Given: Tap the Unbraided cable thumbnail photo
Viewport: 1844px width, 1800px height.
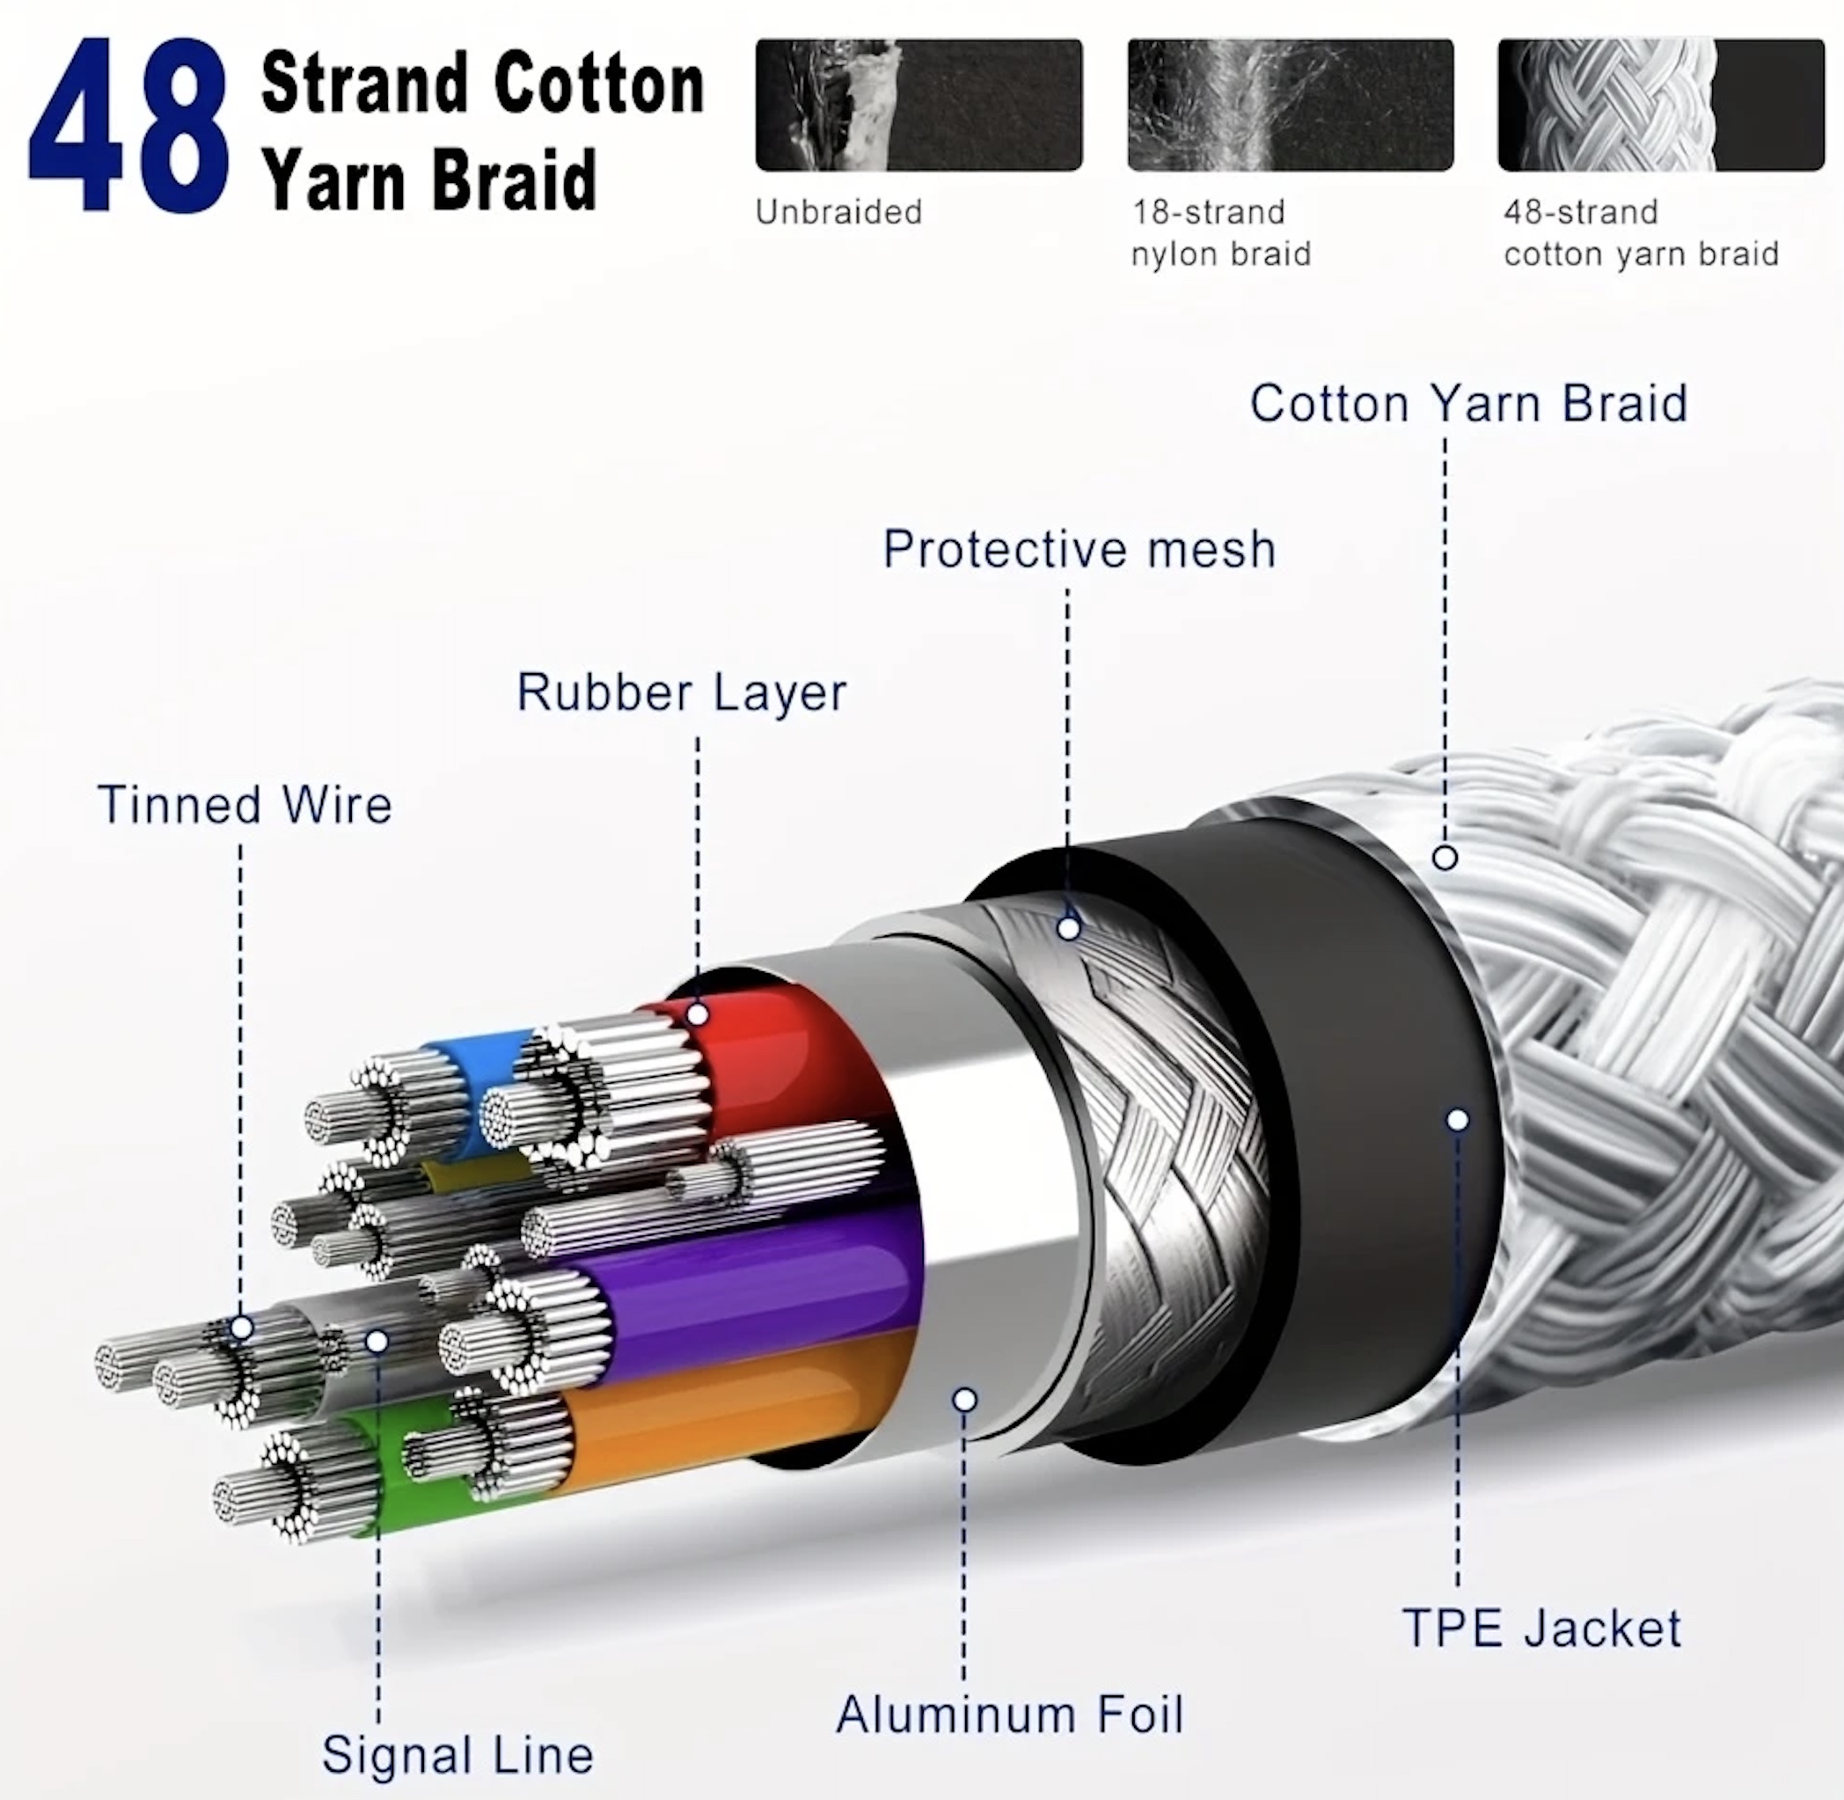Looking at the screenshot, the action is [x=918, y=104].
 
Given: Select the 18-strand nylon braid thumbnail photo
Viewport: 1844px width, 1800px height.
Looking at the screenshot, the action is [x=1290, y=104].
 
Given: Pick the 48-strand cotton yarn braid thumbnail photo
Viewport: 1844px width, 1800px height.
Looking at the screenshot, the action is [x=1661, y=104].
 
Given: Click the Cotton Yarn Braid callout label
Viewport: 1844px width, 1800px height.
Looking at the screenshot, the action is [x=1468, y=404].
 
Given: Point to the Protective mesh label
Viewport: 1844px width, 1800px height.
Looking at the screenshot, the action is [x=1079, y=549].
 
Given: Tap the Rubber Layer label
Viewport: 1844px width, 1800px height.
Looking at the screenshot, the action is [x=682, y=692].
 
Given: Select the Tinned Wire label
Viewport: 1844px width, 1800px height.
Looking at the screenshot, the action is [x=245, y=806].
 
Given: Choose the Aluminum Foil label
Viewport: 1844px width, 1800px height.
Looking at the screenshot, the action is [x=1009, y=1715].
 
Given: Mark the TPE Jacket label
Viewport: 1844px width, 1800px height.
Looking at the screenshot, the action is [x=1542, y=1628].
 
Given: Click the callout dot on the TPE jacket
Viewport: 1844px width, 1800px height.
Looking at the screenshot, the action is [x=1458, y=1120].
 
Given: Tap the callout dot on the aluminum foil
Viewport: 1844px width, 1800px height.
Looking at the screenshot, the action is [x=965, y=1399].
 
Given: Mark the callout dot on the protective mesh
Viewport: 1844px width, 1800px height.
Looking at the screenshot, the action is [x=1069, y=928].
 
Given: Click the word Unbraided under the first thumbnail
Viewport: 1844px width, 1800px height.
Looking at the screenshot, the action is [x=838, y=212].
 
